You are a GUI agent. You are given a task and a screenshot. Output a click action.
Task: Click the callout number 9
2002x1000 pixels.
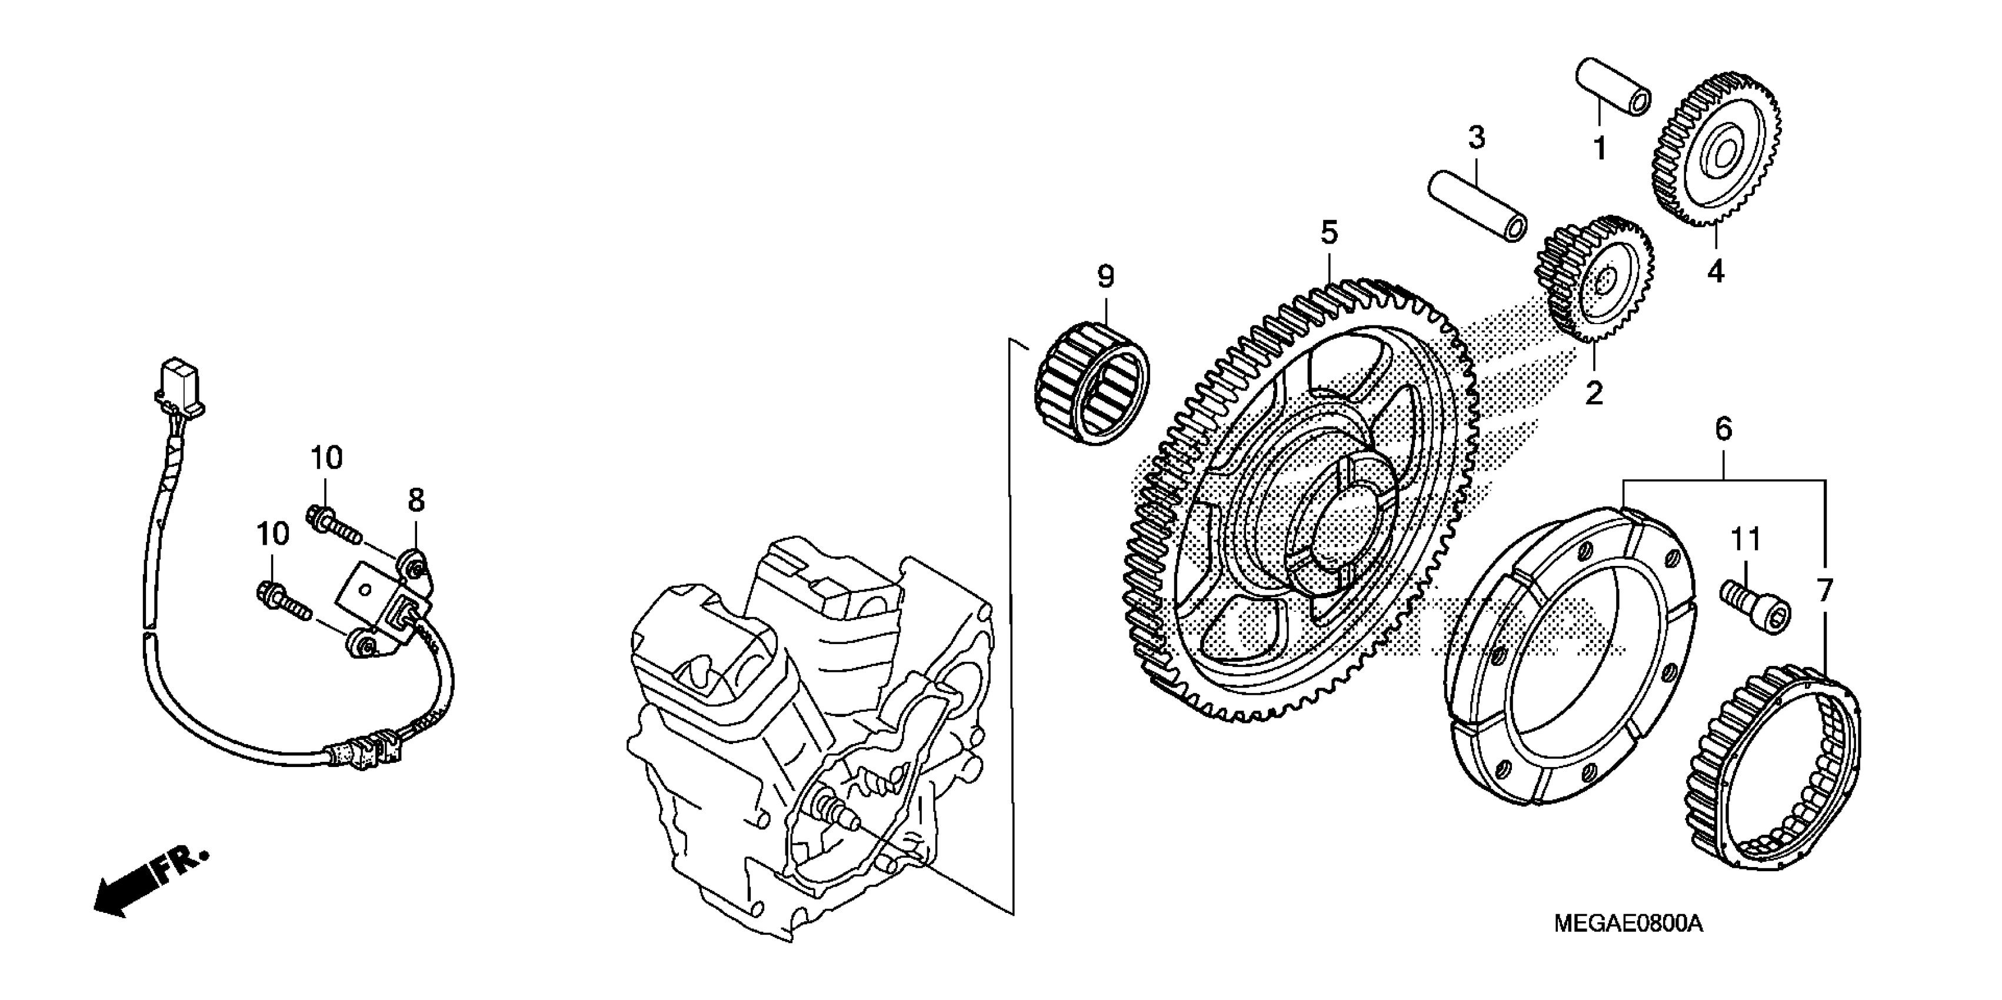click(x=1105, y=276)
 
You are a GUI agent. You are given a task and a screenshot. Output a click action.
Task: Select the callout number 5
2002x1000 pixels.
click(x=1329, y=232)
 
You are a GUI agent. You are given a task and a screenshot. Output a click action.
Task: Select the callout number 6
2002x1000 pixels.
click(x=1723, y=428)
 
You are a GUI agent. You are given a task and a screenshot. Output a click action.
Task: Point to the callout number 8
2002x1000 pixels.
click(x=417, y=501)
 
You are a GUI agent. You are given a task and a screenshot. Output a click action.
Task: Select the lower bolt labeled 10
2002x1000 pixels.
click(x=281, y=602)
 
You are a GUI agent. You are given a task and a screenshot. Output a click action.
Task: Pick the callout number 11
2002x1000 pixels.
click(x=1745, y=538)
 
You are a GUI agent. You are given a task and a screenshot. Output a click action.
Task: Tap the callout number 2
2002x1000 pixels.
click(x=1594, y=393)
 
